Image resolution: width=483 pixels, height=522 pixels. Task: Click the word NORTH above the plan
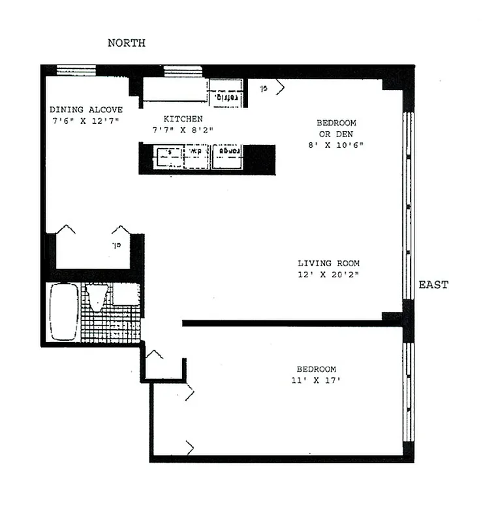[x=126, y=43]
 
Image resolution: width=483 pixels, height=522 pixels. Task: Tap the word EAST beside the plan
[x=433, y=285]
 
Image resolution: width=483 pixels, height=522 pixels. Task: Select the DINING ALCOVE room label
[x=86, y=110]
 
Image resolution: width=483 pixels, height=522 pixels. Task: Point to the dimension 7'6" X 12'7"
[x=85, y=121]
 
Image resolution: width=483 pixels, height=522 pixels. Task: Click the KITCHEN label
[x=183, y=119]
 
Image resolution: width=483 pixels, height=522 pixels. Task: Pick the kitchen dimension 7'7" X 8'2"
[x=183, y=130]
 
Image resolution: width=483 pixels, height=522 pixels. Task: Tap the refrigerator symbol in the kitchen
[x=226, y=95]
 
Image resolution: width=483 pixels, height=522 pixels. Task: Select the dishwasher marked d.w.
[x=195, y=155]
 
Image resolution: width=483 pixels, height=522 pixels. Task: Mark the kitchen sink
[x=167, y=155]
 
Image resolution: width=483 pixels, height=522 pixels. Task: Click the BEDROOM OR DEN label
[x=336, y=128]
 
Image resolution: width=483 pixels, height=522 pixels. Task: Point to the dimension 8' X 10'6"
[x=336, y=145]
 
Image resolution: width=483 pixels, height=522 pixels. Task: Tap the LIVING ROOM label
[x=328, y=263]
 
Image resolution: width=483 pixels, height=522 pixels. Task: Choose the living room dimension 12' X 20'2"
[x=328, y=274]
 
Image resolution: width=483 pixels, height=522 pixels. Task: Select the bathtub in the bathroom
[x=64, y=312]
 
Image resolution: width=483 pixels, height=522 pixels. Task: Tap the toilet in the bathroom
[x=97, y=298]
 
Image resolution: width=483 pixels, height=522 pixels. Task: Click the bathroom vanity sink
[x=125, y=294]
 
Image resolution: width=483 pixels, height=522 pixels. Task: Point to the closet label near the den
[x=264, y=87]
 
